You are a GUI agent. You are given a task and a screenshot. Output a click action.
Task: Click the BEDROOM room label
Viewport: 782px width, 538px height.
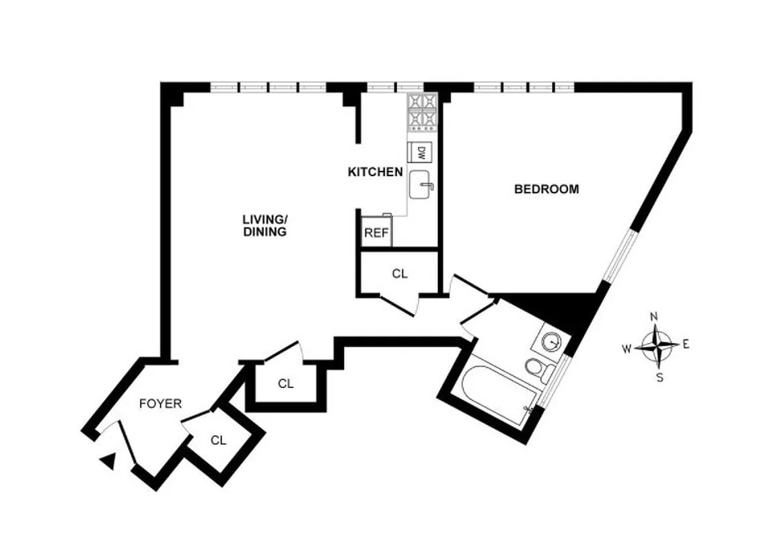pyautogui.click(x=546, y=189)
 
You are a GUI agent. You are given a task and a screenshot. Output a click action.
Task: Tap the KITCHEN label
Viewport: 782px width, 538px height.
pyautogui.click(x=375, y=172)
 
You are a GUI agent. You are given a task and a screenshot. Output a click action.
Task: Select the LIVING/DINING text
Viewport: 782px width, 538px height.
pyautogui.click(x=265, y=225)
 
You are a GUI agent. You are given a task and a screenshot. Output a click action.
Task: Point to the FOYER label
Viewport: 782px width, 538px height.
pyautogui.click(x=160, y=403)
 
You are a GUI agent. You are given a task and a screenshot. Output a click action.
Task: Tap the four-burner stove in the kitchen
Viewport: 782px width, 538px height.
pyautogui.click(x=422, y=111)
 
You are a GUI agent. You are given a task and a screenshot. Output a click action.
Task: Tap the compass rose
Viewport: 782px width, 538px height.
pyautogui.click(x=656, y=346)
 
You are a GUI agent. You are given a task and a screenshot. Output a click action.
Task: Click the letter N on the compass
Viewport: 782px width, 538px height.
pyautogui.click(x=653, y=317)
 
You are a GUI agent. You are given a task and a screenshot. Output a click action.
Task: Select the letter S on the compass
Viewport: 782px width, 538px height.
pyautogui.click(x=660, y=377)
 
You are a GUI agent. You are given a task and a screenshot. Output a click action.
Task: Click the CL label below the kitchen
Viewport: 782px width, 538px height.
pyautogui.click(x=400, y=274)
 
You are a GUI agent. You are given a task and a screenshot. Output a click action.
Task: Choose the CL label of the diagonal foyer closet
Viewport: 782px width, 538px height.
pyautogui.click(x=217, y=440)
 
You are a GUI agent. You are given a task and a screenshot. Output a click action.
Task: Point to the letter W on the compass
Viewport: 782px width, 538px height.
pyautogui.click(x=626, y=348)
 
